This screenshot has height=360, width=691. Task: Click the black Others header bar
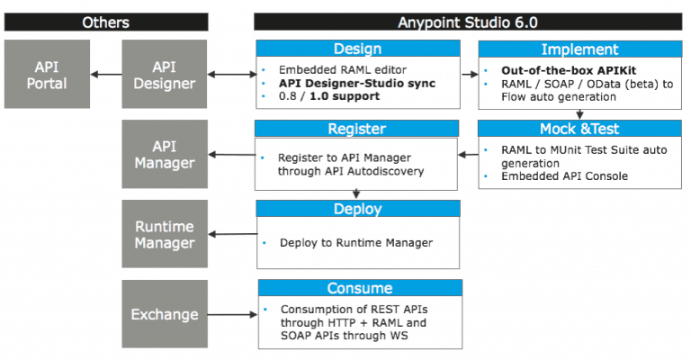click(105, 22)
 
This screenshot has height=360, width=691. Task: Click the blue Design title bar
click(357, 49)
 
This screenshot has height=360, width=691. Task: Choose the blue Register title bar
click(357, 128)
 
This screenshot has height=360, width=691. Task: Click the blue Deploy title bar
click(357, 207)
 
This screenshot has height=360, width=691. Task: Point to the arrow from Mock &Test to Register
click(469, 154)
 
